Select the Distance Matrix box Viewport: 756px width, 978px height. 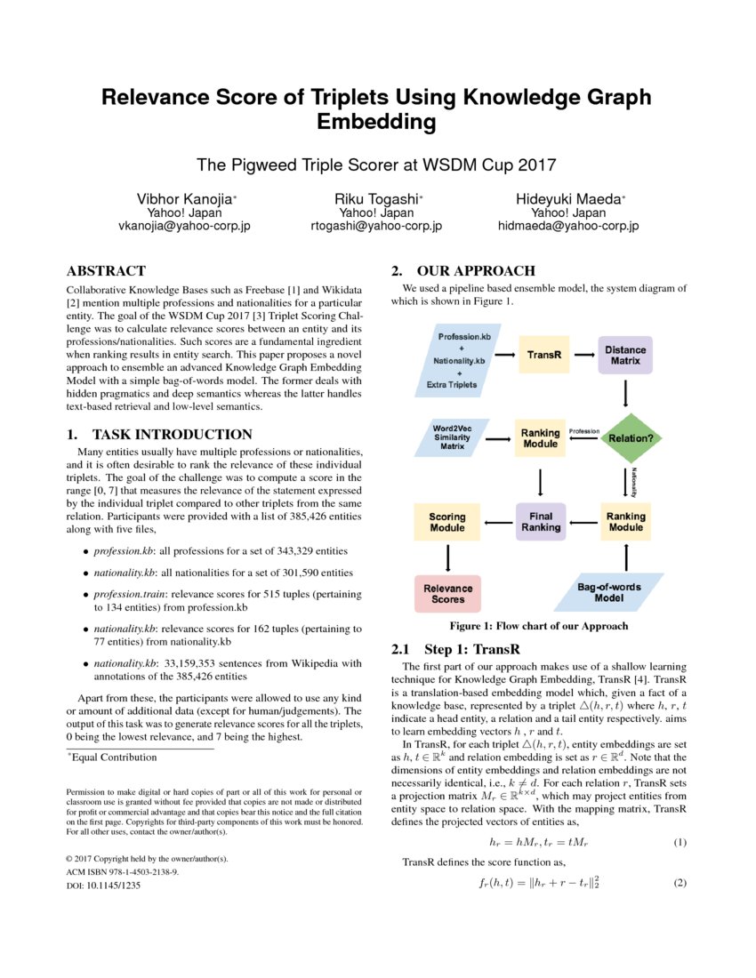tap(626, 355)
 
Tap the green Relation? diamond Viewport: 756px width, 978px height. tap(628, 437)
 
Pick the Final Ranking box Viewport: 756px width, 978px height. tap(541, 521)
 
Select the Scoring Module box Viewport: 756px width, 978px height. tap(447, 522)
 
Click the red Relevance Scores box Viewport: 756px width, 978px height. tap(448, 593)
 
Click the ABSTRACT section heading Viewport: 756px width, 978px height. tap(106, 271)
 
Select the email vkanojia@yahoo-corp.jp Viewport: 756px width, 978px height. tap(184, 226)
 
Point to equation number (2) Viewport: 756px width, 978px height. tap(680, 884)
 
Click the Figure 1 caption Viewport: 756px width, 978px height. tap(539, 626)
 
